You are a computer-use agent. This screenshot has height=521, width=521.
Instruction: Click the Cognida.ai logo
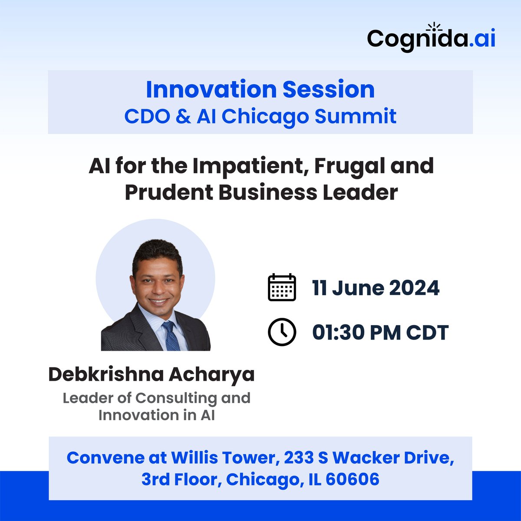431,39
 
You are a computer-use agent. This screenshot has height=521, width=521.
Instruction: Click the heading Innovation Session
260,89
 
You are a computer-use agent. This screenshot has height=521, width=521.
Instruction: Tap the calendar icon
282,288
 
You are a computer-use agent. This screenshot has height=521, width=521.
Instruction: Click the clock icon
282,333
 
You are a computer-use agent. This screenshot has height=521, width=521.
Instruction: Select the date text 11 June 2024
376,288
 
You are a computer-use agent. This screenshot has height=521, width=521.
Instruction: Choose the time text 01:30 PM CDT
380,333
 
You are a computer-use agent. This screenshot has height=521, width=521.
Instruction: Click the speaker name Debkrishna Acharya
151,374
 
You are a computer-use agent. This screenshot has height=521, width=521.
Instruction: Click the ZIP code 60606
352,479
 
